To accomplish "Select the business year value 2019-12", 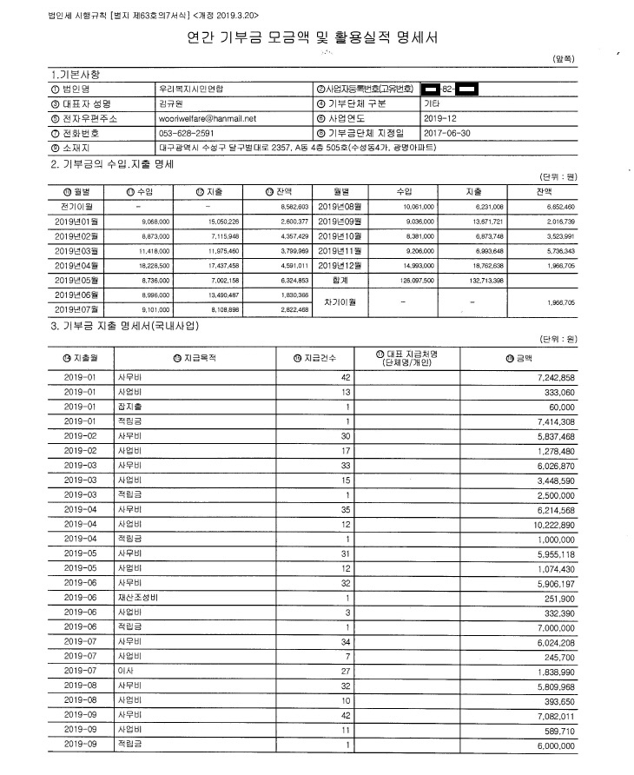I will (441, 118).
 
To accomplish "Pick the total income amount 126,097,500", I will (416, 281).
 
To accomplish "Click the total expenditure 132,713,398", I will (492, 281).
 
